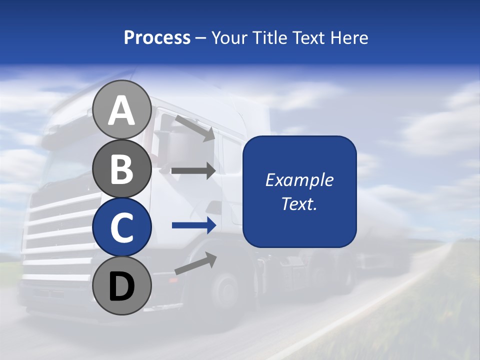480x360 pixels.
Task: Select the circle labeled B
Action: coord(121,168)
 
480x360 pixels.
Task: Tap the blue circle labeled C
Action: coord(121,227)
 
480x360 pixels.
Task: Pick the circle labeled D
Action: coord(121,285)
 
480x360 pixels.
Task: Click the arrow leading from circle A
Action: coord(195,128)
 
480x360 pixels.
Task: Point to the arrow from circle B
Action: coord(193,171)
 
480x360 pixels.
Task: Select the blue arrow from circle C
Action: coord(193,225)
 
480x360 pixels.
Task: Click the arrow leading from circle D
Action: coord(195,263)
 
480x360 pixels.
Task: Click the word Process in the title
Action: coord(157,38)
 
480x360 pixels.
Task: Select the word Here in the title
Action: coord(348,38)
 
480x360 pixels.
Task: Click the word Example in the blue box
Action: coord(299,180)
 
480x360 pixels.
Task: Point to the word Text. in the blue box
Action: coord(299,204)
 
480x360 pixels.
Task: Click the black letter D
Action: coord(121,286)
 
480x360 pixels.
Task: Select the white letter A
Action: coord(121,110)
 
